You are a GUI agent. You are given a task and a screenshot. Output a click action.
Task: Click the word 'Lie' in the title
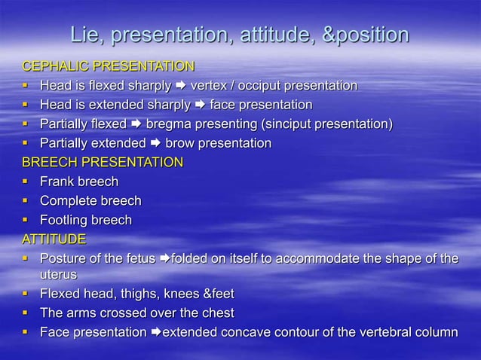click(x=84, y=35)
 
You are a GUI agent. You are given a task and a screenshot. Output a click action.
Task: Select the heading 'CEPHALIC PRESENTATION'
click(x=108, y=66)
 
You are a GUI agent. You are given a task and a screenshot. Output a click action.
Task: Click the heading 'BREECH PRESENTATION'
click(x=102, y=162)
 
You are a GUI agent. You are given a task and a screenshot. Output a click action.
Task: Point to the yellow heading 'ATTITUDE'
click(x=54, y=239)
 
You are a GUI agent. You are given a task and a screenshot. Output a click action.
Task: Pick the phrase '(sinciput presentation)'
click(x=328, y=124)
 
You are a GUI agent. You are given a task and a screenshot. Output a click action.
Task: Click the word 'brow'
click(x=179, y=143)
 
